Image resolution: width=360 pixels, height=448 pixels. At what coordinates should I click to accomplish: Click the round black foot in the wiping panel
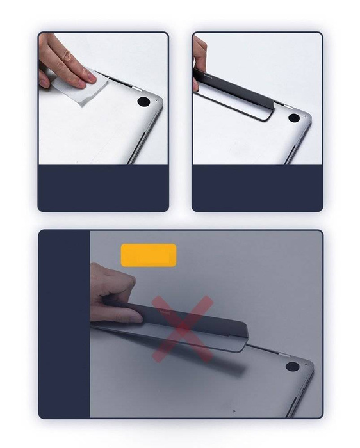tap(144, 102)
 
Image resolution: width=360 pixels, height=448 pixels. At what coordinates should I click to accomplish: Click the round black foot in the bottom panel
tap(292, 367)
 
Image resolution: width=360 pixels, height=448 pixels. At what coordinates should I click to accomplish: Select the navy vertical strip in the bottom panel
tap(64, 323)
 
